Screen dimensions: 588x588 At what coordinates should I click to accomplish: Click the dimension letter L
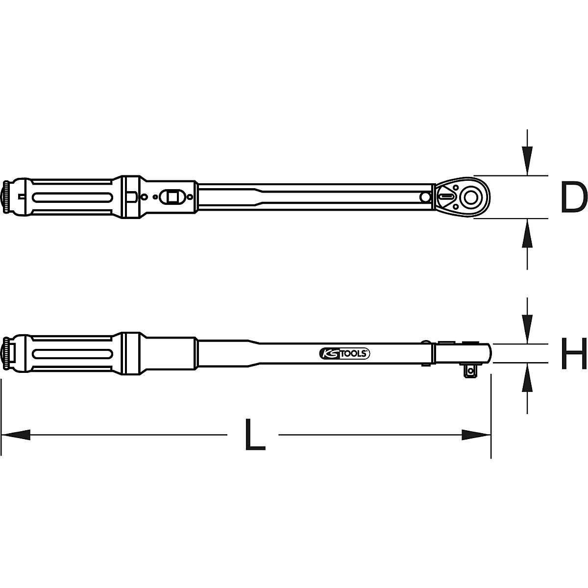(x=254, y=435)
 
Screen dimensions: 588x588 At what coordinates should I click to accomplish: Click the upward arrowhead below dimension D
(x=527, y=234)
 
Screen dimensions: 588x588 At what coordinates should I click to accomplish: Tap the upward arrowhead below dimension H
(x=527, y=377)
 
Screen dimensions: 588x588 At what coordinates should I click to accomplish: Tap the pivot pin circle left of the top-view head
(x=425, y=196)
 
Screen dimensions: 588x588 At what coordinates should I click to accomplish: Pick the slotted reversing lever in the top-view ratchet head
(x=446, y=196)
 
